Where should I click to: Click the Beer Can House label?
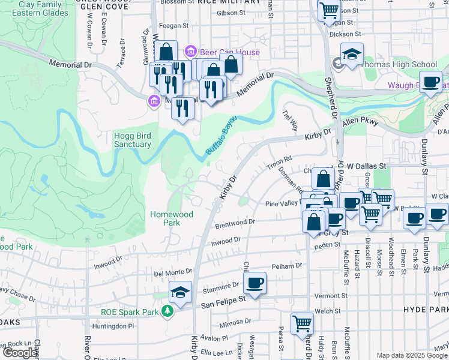pos(231,52)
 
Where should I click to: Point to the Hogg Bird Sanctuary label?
pos(132,140)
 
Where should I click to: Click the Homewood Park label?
pos(172,218)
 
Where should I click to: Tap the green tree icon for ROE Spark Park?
pos(170,311)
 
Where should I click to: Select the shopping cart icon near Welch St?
pos(302,323)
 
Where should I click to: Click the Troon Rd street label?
pos(279,160)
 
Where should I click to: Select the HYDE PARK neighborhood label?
pos(427,309)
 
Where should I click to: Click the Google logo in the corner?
pos(20,353)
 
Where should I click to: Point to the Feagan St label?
pos(174,26)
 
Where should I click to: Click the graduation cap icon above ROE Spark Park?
pos(180,292)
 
